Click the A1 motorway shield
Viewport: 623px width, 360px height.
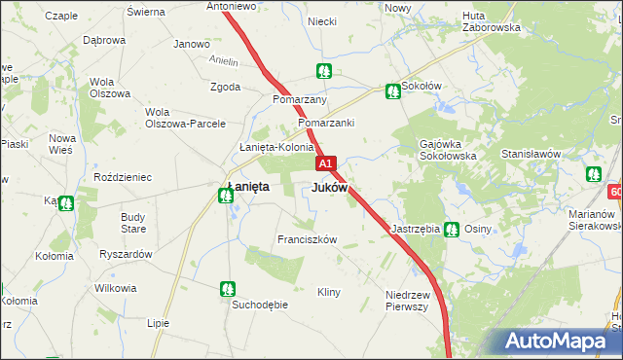326,164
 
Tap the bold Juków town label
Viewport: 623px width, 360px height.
329,187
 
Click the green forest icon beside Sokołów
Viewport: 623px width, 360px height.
392,90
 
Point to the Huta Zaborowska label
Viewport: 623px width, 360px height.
492,21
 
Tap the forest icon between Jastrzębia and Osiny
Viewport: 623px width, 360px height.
451,230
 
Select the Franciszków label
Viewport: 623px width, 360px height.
307,239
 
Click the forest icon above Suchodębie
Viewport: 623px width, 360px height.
227,288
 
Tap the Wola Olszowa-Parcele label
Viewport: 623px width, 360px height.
185,117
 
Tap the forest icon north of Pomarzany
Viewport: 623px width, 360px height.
323,71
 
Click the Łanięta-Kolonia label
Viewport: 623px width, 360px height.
276,147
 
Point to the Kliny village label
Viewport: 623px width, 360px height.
329,292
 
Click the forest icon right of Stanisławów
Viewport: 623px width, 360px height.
594,174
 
